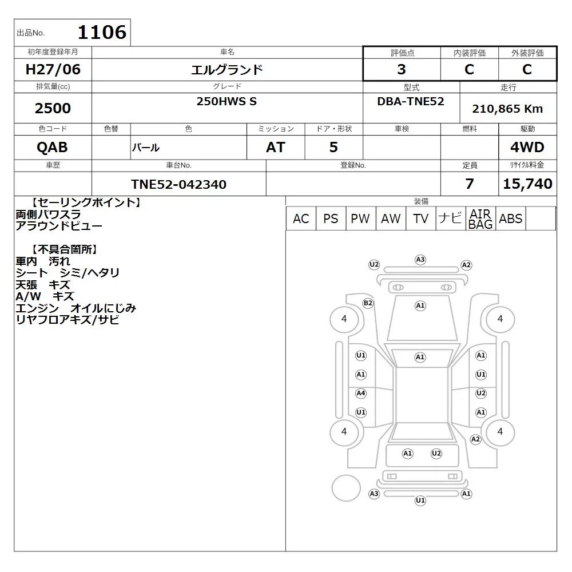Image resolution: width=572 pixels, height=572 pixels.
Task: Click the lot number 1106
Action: [102, 33]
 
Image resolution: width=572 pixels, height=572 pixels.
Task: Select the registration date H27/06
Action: [53, 69]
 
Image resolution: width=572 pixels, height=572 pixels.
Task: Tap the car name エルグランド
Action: [227, 69]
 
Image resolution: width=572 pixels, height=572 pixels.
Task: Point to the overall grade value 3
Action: [402, 69]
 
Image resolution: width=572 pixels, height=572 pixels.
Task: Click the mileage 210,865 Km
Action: [507, 109]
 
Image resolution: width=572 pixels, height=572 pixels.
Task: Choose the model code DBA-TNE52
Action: [411, 101]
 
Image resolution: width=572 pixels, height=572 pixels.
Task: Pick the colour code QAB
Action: [52, 147]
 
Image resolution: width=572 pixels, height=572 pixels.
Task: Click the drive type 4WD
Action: [527, 147]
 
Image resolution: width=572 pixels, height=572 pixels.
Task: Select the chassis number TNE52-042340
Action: [178, 184]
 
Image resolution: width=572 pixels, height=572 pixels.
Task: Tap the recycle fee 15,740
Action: [527, 184]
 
